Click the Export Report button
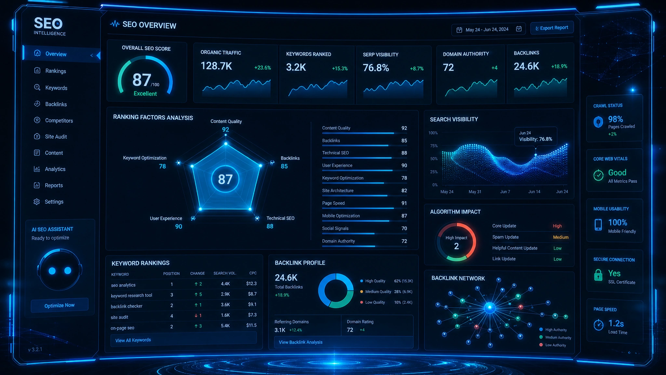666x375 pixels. [x=552, y=28]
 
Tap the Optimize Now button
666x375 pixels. [x=60, y=305]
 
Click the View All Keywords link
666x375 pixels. [x=133, y=340]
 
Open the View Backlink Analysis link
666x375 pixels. [x=300, y=342]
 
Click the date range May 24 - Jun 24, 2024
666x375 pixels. [x=487, y=30]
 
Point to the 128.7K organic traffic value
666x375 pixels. [x=216, y=66]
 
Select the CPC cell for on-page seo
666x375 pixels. [x=251, y=325]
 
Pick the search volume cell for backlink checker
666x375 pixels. [x=225, y=305]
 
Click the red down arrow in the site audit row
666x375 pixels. [x=196, y=315]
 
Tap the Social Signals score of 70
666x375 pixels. [x=404, y=229]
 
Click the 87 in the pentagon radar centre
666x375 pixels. [x=225, y=179]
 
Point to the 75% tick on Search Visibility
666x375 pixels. [x=434, y=146]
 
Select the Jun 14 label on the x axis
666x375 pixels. [x=534, y=192]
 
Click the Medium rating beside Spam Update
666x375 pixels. [x=561, y=237]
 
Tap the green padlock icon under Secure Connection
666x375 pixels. [x=598, y=275]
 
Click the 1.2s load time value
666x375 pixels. [x=616, y=324]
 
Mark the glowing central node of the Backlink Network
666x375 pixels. [x=490, y=308]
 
